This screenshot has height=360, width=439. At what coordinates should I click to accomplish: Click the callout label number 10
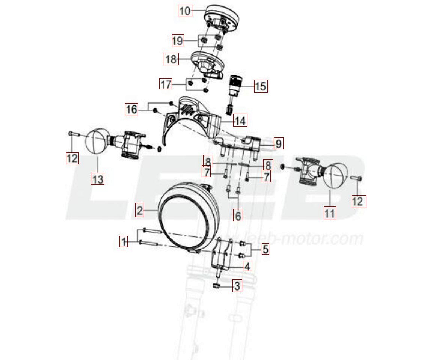click(185, 11)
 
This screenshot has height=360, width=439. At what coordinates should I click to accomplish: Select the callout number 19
click(178, 40)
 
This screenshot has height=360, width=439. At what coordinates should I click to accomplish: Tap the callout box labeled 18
click(170, 59)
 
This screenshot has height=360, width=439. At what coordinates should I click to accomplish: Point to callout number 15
click(260, 86)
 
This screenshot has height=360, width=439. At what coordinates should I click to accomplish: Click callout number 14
click(240, 121)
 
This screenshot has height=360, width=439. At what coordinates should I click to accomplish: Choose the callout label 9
click(278, 143)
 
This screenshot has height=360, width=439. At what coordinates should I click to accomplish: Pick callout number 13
click(97, 179)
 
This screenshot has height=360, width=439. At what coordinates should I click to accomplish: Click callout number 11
click(329, 213)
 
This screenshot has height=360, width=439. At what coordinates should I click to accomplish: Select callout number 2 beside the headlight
click(140, 210)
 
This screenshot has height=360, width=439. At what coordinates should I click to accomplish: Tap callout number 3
click(237, 286)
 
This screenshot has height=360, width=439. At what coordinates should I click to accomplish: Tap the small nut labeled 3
click(216, 286)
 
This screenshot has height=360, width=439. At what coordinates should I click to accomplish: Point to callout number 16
click(131, 109)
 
